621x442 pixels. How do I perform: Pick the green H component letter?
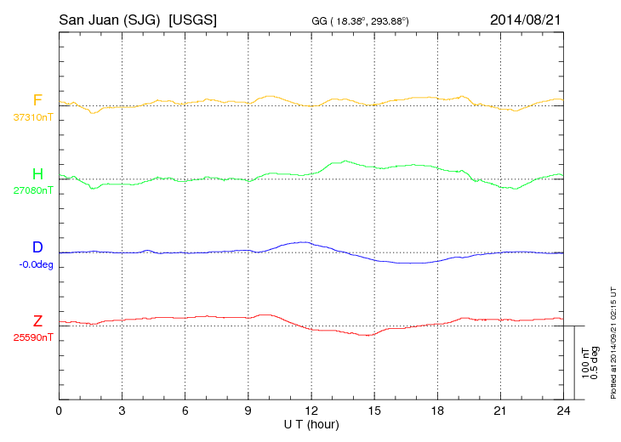point(37,174)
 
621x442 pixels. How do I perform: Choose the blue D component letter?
point(37,247)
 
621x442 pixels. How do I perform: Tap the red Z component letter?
point(37,321)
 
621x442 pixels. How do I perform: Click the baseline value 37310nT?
point(32,117)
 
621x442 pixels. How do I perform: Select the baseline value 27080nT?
point(32,190)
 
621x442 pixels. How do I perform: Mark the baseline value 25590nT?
point(32,337)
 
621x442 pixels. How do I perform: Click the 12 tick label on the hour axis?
point(311,411)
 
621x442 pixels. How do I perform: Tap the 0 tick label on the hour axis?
point(59,411)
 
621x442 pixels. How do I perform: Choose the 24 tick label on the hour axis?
point(563,411)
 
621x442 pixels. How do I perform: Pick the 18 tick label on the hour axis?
point(437,411)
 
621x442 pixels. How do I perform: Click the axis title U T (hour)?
point(311,423)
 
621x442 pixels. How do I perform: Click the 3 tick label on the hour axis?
point(122,411)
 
